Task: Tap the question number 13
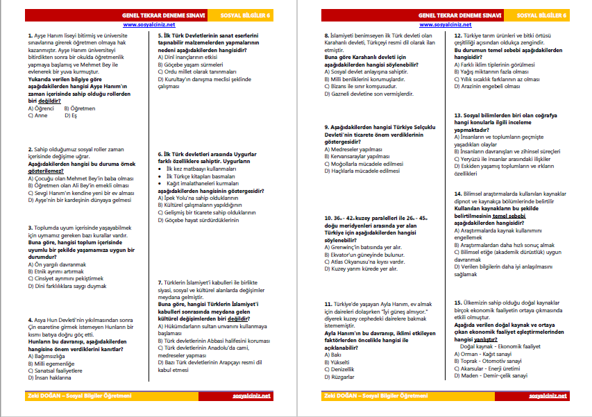(458, 115)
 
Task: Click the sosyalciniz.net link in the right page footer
(548, 395)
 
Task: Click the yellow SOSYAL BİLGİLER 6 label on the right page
(546, 14)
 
